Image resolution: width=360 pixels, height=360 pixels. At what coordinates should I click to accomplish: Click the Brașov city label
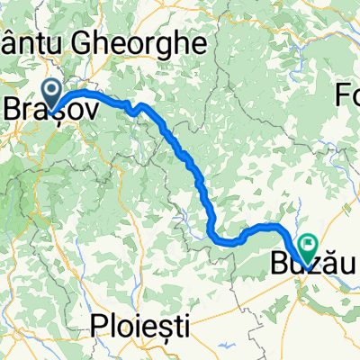41,105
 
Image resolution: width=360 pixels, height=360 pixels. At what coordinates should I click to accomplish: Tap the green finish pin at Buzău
308,243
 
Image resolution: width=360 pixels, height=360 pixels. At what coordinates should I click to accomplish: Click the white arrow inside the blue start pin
50,90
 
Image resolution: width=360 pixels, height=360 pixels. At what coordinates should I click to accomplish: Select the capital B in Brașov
13,105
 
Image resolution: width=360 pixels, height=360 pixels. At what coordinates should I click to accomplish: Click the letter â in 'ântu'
8,42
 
